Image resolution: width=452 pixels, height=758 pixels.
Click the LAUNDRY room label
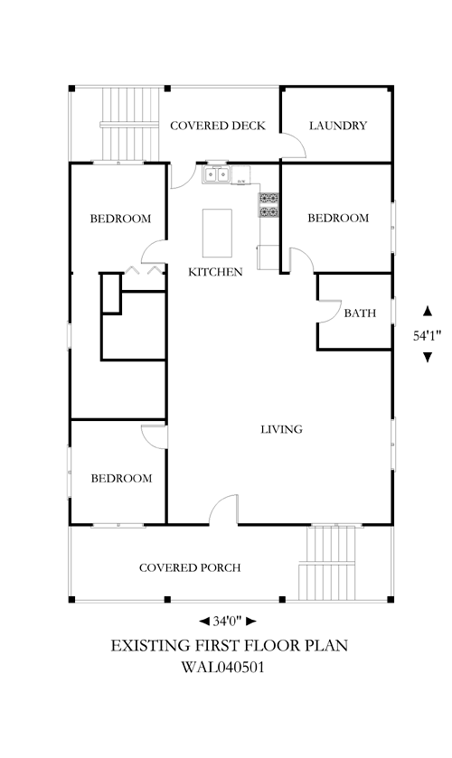pyautogui.click(x=338, y=126)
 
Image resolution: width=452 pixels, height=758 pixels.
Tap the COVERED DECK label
pyautogui.click(x=218, y=126)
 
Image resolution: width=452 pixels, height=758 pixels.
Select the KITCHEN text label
pyautogui.click(x=215, y=272)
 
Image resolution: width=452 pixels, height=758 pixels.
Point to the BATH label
pyautogui.click(x=360, y=313)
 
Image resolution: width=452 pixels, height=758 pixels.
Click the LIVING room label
pyautogui.click(x=282, y=429)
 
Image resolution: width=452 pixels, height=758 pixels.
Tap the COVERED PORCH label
pyautogui.click(x=190, y=567)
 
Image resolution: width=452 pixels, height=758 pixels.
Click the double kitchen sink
pyautogui.click(x=216, y=174)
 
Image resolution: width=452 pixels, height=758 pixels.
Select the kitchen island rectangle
pyautogui.click(x=217, y=233)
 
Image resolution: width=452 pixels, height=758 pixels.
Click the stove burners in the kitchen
pyautogui.click(x=268, y=205)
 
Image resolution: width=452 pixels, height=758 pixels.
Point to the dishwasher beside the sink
pyautogui.click(x=240, y=175)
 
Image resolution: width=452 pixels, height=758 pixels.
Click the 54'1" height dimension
pyautogui.click(x=428, y=335)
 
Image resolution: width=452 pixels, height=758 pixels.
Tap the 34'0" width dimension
pyautogui.click(x=228, y=622)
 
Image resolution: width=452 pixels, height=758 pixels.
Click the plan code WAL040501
pyautogui.click(x=223, y=668)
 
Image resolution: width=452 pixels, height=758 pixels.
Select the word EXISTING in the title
pyautogui.click(x=150, y=646)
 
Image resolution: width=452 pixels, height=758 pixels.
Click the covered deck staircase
pyautogui.click(x=130, y=125)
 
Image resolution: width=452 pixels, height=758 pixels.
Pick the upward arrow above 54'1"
pyautogui.click(x=428, y=312)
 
